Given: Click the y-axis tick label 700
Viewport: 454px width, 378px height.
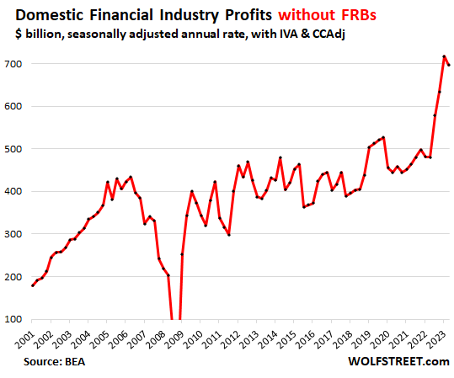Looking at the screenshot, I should (x=14, y=64).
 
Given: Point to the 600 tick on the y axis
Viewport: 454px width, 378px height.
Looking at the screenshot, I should (x=14, y=107).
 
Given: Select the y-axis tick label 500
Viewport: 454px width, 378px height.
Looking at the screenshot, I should (x=14, y=149).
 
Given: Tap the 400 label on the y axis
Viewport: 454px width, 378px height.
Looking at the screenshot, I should (x=14, y=192).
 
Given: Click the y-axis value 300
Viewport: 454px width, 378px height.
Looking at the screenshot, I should (x=14, y=234).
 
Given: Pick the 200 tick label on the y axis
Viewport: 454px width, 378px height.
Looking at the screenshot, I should (x=14, y=277).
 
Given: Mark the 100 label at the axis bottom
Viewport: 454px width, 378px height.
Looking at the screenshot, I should (x=14, y=319).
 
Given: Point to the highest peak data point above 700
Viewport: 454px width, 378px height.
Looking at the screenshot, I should (x=444, y=56).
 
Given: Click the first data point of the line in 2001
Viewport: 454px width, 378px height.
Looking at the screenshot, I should (x=33, y=285).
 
